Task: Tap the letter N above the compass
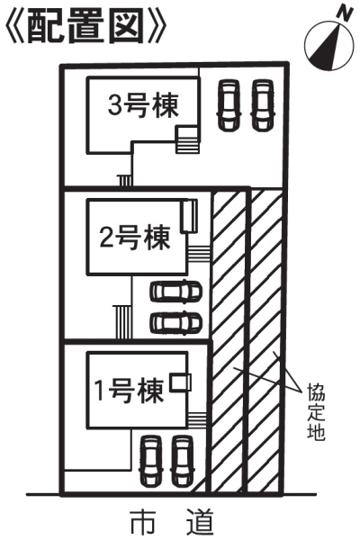tap(345, 13)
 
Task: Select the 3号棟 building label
tap(143, 105)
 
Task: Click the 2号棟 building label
tap(135, 238)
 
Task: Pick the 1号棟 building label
tap(130, 391)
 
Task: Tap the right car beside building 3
tap(263, 105)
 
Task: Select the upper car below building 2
tap(175, 292)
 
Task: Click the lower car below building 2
tap(175, 322)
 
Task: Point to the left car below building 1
tap(150, 461)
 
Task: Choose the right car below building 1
tap(183, 461)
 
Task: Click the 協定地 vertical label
tap(316, 411)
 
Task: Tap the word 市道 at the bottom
tap(172, 521)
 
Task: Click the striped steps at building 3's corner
tap(187, 139)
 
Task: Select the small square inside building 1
tap(181, 382)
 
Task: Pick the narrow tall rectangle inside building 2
tap(189, 216)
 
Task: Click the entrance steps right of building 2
tap(199, 254)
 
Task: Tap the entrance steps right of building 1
tap(197, 419)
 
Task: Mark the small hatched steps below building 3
tap(124, 181)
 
